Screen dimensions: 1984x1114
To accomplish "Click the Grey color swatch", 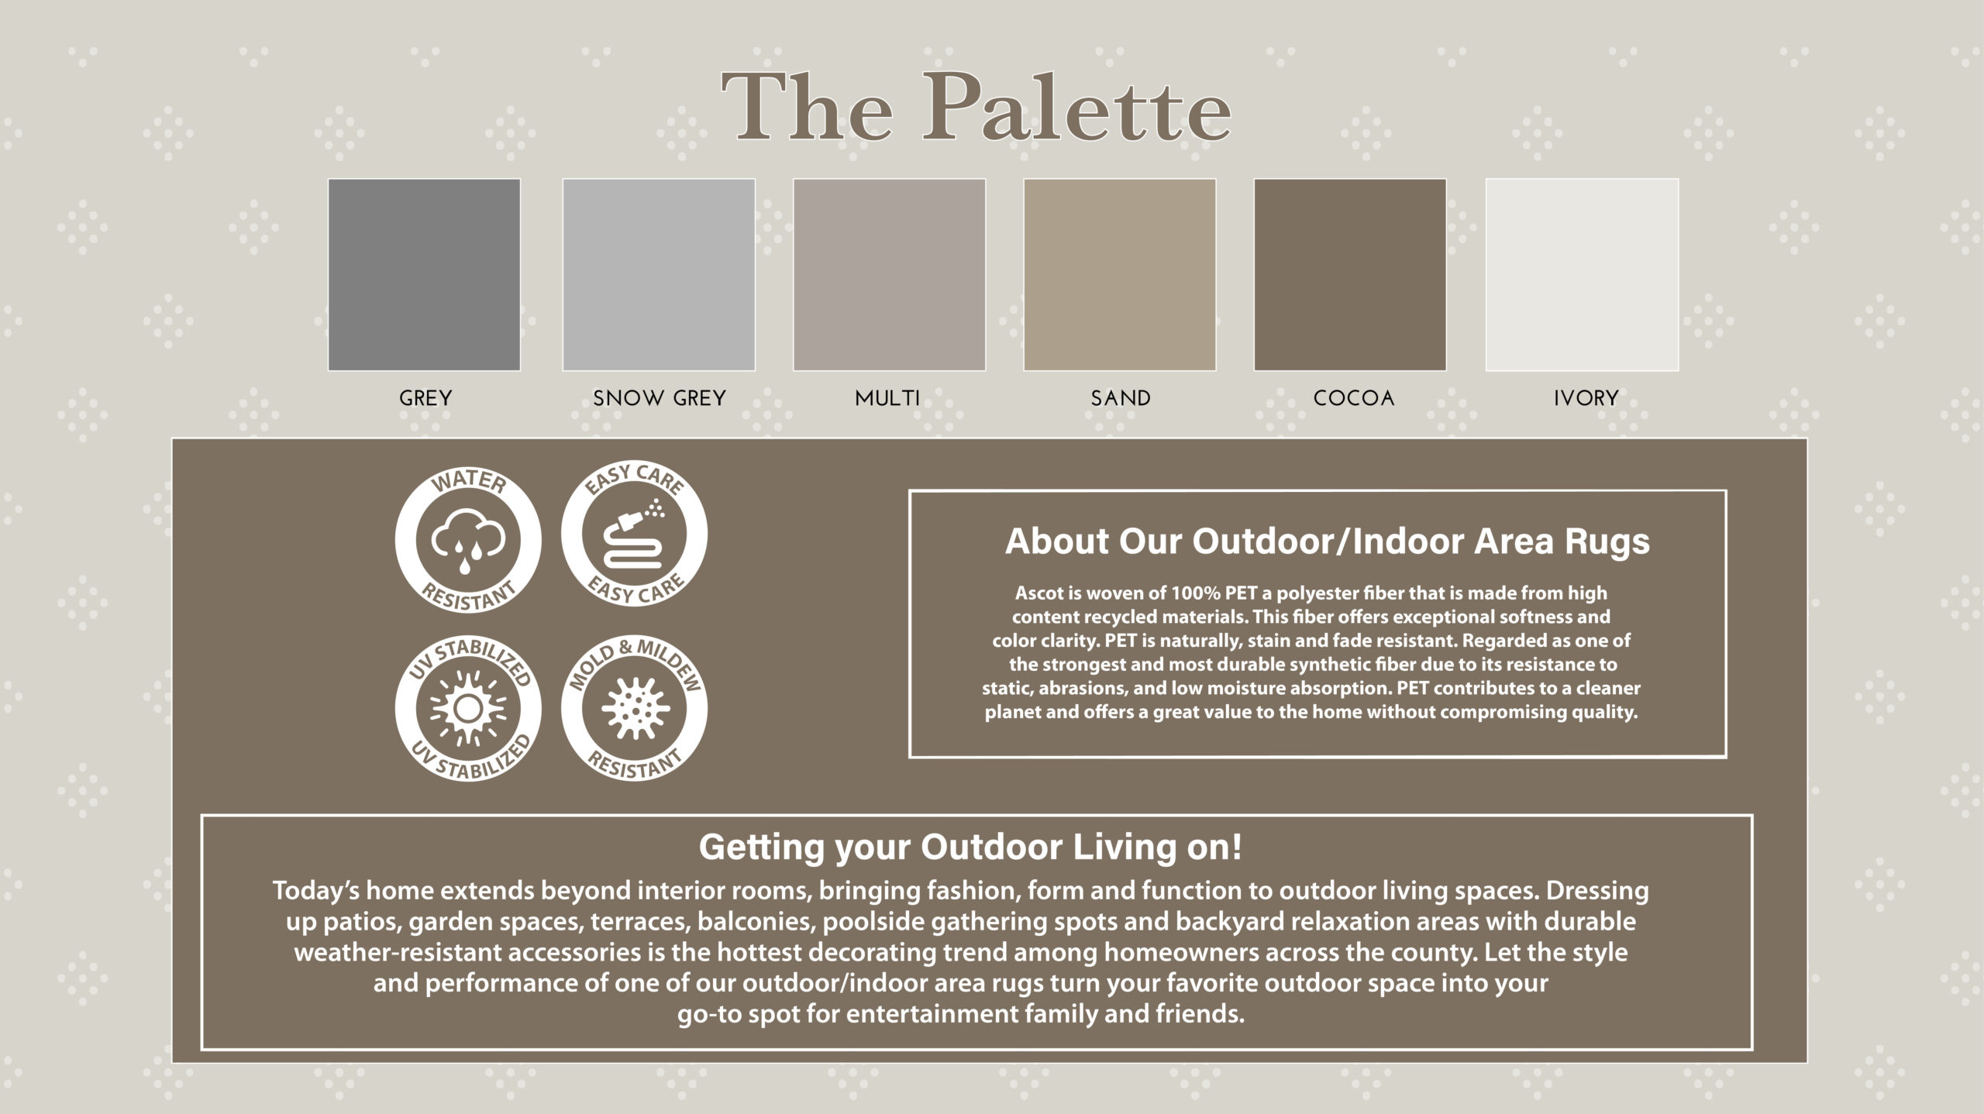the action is (x=424, y=275).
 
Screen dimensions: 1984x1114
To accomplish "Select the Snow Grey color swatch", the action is (x=659, y=275).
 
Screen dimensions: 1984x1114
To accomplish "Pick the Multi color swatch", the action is (x=890, y=275).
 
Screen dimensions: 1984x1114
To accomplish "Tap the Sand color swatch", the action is (x=1120, y=275).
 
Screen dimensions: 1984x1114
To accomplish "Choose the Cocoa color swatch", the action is (x=1350, y=275).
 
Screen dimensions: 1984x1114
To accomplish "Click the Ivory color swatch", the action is (x=1583, y=275).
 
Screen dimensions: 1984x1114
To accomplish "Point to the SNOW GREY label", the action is (x=660, y=398).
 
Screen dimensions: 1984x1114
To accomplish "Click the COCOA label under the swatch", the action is (x=1354, y=398).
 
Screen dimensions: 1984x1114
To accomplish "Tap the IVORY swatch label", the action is (x=1586, y=398).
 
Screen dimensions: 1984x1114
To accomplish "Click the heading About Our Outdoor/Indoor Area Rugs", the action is (x=1327, y=541).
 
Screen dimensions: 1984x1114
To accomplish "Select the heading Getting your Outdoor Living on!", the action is (x=970, y=847).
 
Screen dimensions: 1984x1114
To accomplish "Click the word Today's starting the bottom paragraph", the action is (x=316, y=891).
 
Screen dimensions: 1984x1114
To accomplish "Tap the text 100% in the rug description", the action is (x=1196, y=593).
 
